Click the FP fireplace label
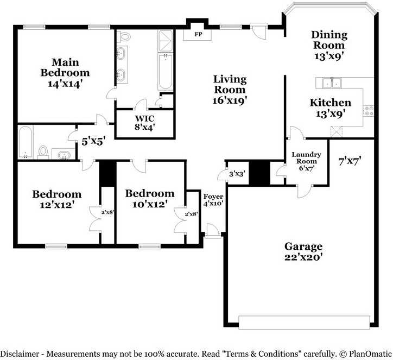(198, 34)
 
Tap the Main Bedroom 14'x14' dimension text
(65, 84)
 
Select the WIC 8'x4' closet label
(144, 123)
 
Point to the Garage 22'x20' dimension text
(303, 257)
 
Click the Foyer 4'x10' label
(213, 200)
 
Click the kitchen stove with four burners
(369, 111)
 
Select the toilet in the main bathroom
(124, 37)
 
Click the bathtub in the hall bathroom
(26, 142)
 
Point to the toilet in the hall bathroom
(43, 153)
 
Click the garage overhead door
(304, 322)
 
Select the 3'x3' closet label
(237, 174)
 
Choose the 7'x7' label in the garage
(350, 161)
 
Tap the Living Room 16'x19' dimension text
(230, 100)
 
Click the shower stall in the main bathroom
(165, 41)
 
